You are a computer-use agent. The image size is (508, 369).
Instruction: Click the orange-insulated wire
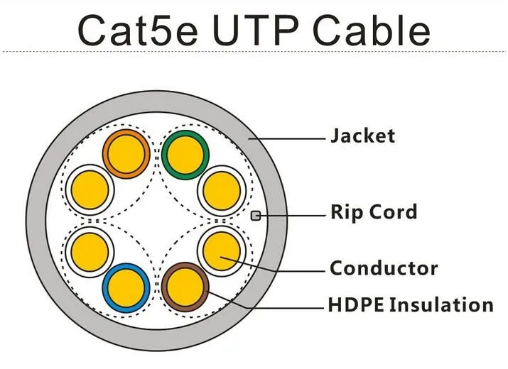126,154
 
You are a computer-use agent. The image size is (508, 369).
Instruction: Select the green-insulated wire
185,155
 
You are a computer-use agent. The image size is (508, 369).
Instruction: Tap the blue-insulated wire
126,288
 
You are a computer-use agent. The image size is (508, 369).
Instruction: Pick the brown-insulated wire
185,287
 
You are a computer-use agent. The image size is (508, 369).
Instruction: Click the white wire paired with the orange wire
90,190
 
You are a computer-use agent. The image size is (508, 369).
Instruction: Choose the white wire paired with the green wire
222,191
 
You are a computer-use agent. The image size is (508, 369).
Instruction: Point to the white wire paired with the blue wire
90,252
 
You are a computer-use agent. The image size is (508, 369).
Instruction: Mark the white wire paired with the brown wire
222,251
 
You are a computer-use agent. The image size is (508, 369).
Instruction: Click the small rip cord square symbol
256,216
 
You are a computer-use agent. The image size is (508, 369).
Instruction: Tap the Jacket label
362,136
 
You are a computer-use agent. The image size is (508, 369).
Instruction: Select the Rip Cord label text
374,212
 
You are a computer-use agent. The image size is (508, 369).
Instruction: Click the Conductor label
384,268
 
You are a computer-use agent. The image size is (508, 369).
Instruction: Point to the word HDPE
356,305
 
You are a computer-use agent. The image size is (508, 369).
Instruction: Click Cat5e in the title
138,30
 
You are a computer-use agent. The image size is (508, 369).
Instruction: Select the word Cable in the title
372,30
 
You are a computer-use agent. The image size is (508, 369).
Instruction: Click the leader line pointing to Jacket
287,139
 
